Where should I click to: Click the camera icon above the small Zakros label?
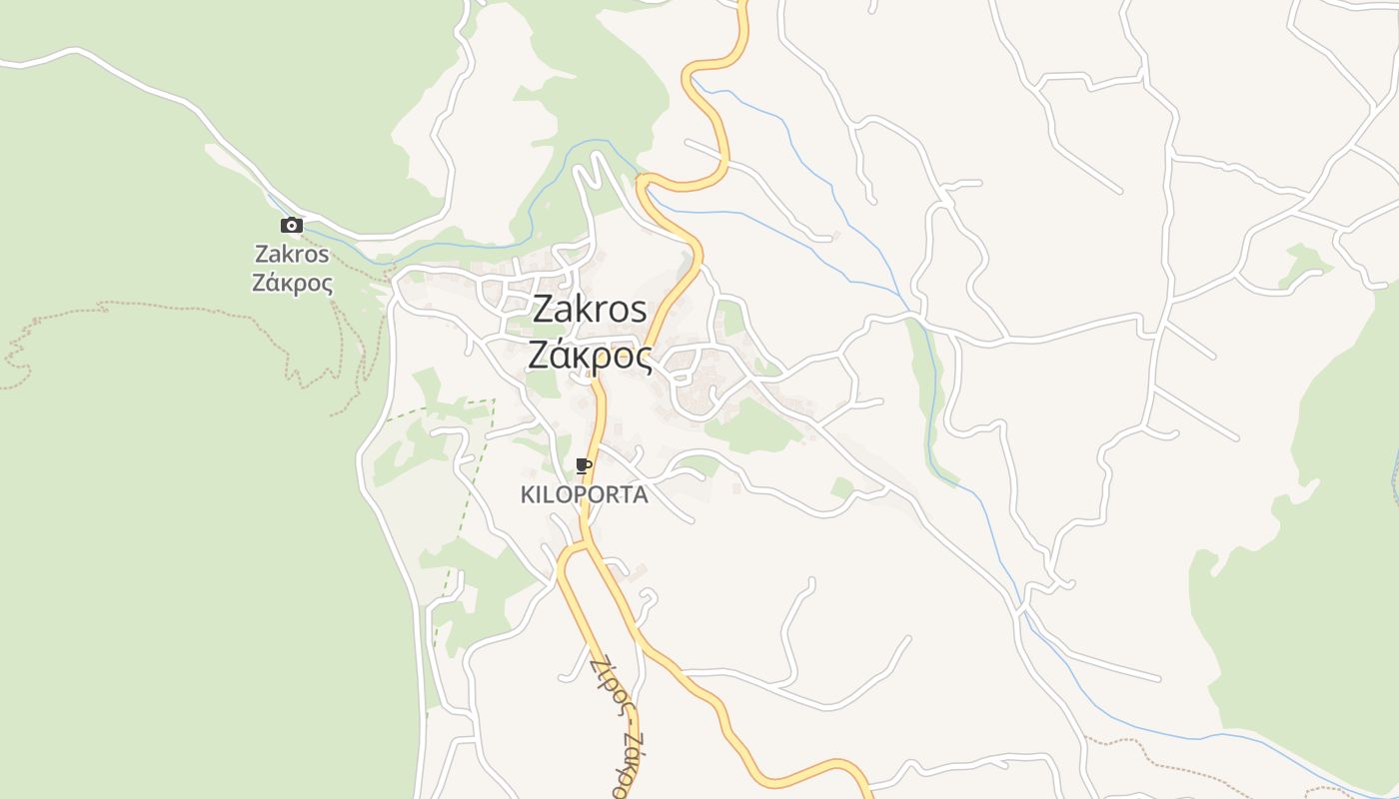(292, 226)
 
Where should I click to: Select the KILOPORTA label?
(585, 494)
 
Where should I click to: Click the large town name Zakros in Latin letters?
(590, 309)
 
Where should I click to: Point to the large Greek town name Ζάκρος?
(590, 355)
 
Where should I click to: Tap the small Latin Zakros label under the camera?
(292, 254)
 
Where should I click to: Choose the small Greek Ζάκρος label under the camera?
(292, 283)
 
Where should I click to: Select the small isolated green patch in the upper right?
(1304, 264)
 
